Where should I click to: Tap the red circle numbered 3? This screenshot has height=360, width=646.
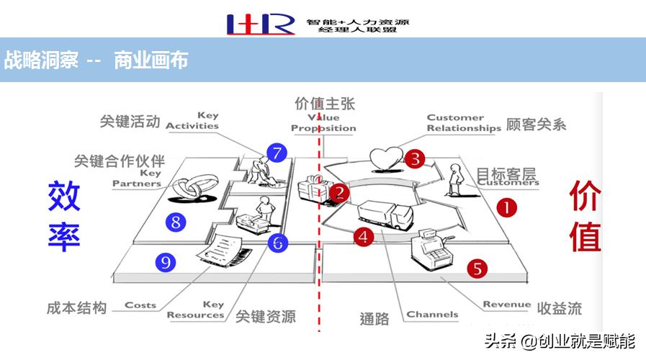tap(414, 158)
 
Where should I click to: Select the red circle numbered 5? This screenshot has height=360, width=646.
tap(477, 269)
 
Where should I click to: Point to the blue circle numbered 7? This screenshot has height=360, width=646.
tap(276, 153)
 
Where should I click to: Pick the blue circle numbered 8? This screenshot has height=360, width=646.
tap(176, 222)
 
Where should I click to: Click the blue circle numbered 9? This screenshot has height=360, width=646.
tap(167, 263)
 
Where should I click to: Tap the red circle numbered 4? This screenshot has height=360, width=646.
tap(364, 236)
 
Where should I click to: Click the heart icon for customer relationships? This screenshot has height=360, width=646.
tap(382, 158)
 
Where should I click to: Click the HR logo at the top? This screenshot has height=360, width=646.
tap(260, 24)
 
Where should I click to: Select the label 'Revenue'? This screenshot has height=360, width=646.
tap(506, 305)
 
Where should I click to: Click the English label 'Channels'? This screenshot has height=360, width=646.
tap(432, 314)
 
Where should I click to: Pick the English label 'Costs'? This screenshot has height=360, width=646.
tap(140, 305)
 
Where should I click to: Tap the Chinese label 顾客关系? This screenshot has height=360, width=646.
tap(537, 124)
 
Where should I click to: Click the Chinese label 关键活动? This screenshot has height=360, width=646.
tap(130, 121)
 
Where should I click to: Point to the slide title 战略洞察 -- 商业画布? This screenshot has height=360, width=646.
tap(96, 60)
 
